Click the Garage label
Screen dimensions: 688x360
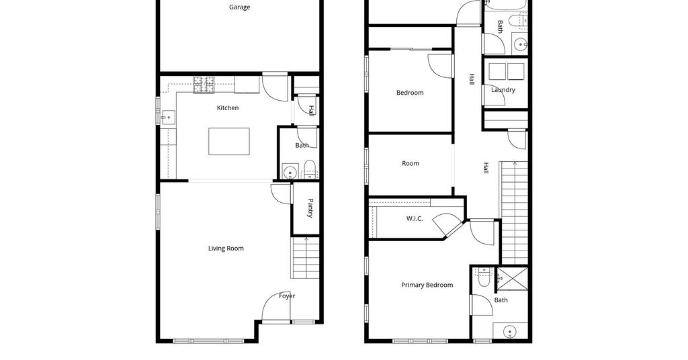pos(240,7)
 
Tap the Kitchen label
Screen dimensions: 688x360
pos(228,108)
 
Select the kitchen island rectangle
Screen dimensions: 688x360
pos(229,141)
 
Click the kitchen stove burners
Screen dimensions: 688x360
pos(204,85)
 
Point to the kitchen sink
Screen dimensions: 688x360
pos(168,118)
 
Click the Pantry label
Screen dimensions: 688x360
pos(310,208)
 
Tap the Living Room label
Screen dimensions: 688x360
pos(226,249)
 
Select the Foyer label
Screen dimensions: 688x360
pos(287,296)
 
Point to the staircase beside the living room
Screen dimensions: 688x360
pos(306,258)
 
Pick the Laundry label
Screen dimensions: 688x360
pos(503,90)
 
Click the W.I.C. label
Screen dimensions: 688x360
pos(415,218)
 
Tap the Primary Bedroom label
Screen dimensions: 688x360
pos(427,285)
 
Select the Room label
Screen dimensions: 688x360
pos(411,164)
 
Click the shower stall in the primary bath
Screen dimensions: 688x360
pos(512,279)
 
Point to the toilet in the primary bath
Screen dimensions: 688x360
pos(483,277)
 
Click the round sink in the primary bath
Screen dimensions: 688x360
pos(510,331)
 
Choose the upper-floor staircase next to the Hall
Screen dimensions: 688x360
pos(514,213)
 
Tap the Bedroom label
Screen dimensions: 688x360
pos(410,93)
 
